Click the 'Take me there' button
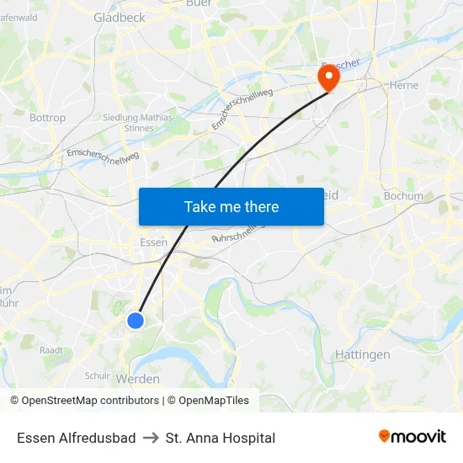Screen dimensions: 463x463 point(231,206)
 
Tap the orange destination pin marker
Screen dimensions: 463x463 point(327,77)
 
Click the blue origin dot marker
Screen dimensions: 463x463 point(136,320)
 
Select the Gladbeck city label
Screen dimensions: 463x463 point(119,17)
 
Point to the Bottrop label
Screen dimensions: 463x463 point(47,118)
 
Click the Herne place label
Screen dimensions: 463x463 point(404,85)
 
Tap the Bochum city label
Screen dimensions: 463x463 point(403,196)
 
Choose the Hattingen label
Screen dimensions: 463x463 point(363,354)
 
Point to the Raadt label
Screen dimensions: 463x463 point(51,349)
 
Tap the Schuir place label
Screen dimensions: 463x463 point(98,375)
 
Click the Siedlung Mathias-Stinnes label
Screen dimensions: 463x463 point(140,123)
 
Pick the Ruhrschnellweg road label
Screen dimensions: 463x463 point(238,233)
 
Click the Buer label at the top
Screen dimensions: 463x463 point(199,3)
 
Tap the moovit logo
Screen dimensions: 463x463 point(412,437)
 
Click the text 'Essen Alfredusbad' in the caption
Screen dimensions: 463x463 point(76,438)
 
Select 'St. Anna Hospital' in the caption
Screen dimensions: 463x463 point(221,438)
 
